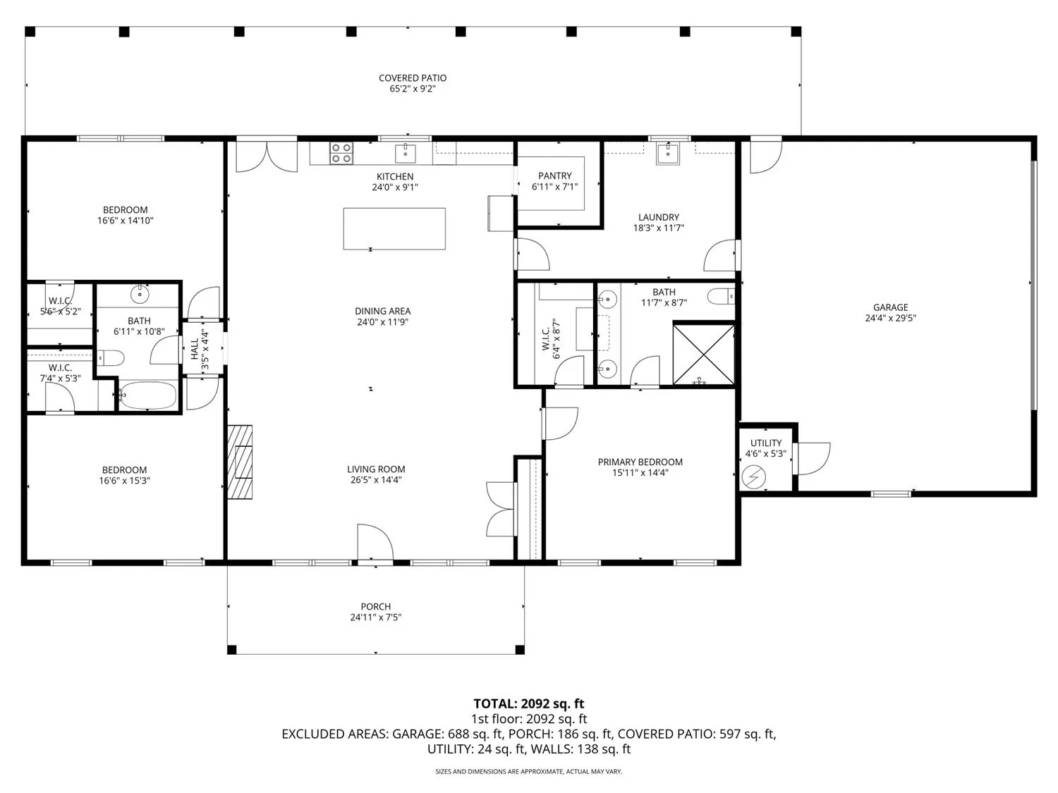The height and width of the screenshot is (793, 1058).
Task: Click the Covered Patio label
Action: [x=413, y=78]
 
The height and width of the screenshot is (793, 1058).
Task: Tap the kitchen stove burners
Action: [x=341, y=153]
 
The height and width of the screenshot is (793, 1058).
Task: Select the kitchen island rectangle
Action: [x=394, y=228]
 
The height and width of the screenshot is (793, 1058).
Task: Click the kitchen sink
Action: [x=406, y=153]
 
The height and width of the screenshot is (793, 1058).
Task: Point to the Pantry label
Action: [x=555, y=176]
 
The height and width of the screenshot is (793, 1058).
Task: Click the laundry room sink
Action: [x=668, y=153]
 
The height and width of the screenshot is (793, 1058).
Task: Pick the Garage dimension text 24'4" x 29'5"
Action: [x=890, y=318]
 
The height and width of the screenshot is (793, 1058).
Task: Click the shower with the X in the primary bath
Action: [x=704, y=354]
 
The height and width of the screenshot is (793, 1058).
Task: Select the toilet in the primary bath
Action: [x=721, y=296]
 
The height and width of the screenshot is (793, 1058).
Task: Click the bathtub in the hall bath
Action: [x=147, y=395]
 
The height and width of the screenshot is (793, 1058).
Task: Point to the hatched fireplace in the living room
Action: [x=240, y=462]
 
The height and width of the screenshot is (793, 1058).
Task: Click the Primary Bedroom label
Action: [x=640, y=462]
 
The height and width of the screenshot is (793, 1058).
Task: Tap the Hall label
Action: [x=195, y=349]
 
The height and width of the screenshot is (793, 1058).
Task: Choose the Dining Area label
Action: [x=383, y=312]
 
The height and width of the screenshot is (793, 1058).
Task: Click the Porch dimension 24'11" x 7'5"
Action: [x=375, y=617]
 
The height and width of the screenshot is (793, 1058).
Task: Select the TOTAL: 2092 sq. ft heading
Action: [x=529, y=704]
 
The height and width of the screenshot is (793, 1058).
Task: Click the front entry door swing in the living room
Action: [x=375, y=542]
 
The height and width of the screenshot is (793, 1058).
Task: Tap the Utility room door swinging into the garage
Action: [x=812, y=458]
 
